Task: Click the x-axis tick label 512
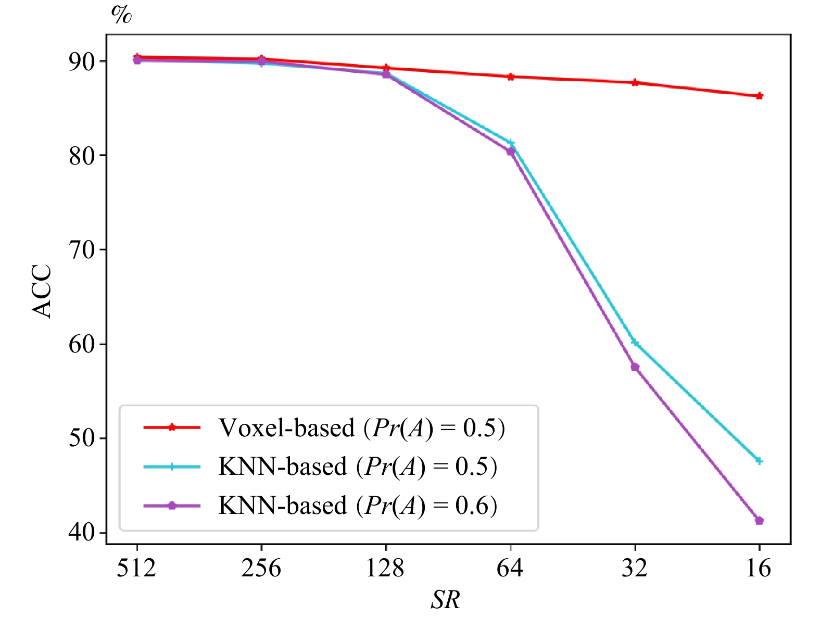pos(136,568)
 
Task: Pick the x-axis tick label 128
pos(385,568)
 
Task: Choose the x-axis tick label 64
pos(510,568)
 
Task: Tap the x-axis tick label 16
pos(759,568)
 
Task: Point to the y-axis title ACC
pos(42,291)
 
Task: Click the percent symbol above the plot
pos(121,15)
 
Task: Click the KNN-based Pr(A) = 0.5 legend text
pos(358,467)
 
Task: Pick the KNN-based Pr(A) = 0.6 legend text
pos(358,506)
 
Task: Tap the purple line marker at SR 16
pos(759,521)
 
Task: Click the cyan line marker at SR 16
pos(759,461)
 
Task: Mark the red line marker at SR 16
pos(759,96)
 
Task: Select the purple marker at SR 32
pos(635,367)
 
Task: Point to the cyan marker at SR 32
pos(635,343)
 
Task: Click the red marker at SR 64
pos(511,77)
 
